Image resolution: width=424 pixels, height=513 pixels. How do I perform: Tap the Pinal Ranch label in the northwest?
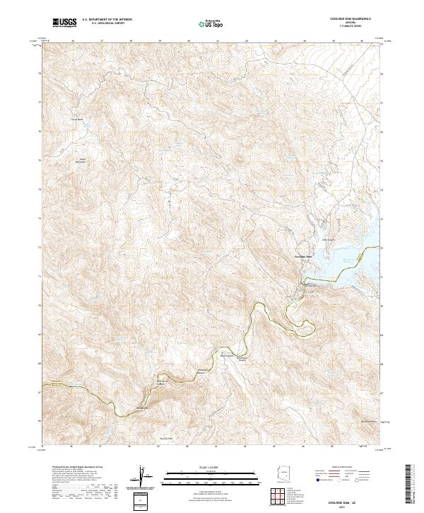[x=76, y=119]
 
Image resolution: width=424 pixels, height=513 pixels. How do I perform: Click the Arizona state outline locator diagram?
[x=284, y=473]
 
